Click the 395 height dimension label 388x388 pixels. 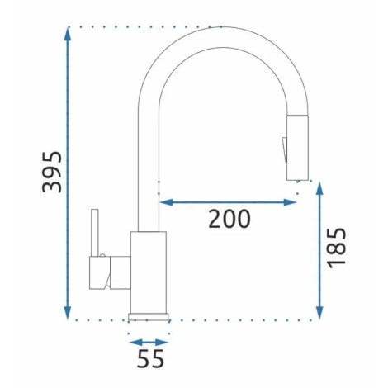[52, 172]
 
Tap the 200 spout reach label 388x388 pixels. [229, 219]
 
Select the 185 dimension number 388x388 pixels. [336, 248]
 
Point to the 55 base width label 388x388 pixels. [150, 358]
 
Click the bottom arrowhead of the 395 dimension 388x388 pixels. [68, 313]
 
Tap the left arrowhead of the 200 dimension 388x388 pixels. [166, 202]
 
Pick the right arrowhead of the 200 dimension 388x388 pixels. [290, 202]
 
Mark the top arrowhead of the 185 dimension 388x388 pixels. [319, 188]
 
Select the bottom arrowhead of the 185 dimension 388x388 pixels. [319, 313]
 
